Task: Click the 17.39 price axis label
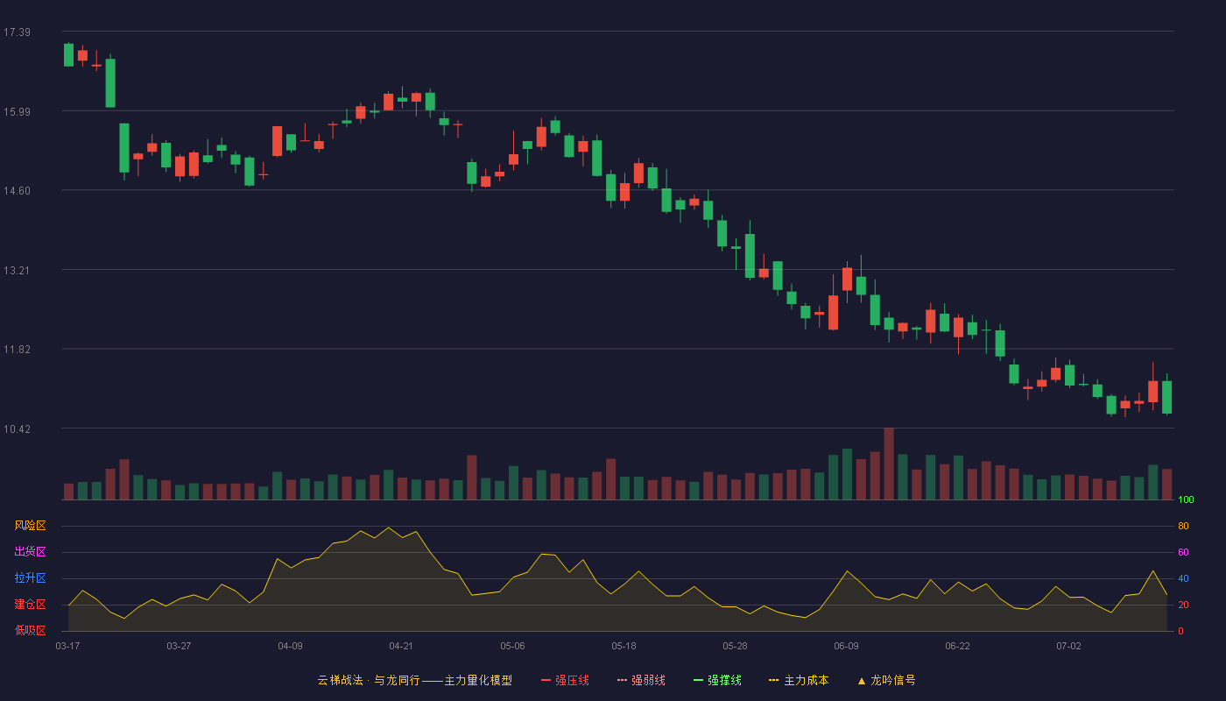[17, 32]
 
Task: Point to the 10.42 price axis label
[17, 428]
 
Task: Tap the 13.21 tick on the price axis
[17, 271]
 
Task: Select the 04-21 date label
[401, 647]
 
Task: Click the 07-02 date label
[1068, 647]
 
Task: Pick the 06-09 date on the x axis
[846, 647]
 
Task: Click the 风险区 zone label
[30, 526]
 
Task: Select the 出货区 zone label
[30, 551]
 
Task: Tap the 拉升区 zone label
[30, 577]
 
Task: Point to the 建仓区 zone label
[30, 604]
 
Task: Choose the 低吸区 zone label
[30, 630]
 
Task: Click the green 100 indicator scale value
[1186, 499]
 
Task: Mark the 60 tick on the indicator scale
[1183, 552]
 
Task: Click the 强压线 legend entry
[565, 680]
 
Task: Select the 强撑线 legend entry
[717, 680]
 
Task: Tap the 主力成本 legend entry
[799, 680]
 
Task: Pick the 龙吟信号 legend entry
[886, 680]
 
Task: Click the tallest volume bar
[889, 464]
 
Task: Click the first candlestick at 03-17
[68, 54]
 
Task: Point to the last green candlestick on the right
[1166, 397]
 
